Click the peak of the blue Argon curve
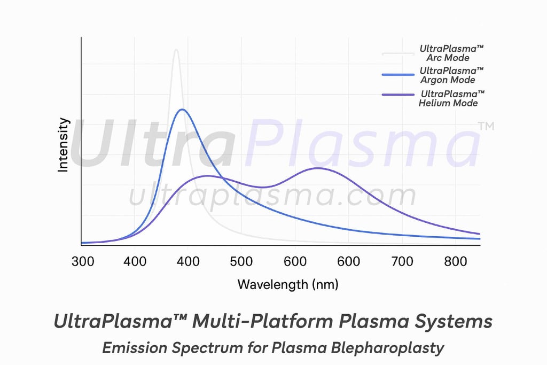pos(182,110)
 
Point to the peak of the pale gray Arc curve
pos(176,50)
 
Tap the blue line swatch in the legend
pos(398,75)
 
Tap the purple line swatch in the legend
pos(398,95)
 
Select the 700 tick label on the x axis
pos(402,261)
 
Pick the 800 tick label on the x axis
pos(455,261)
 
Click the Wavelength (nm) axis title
pos(287,284)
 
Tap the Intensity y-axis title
pos(64,144)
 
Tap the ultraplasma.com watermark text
pos(272,196)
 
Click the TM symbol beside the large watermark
pos(486,127)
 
